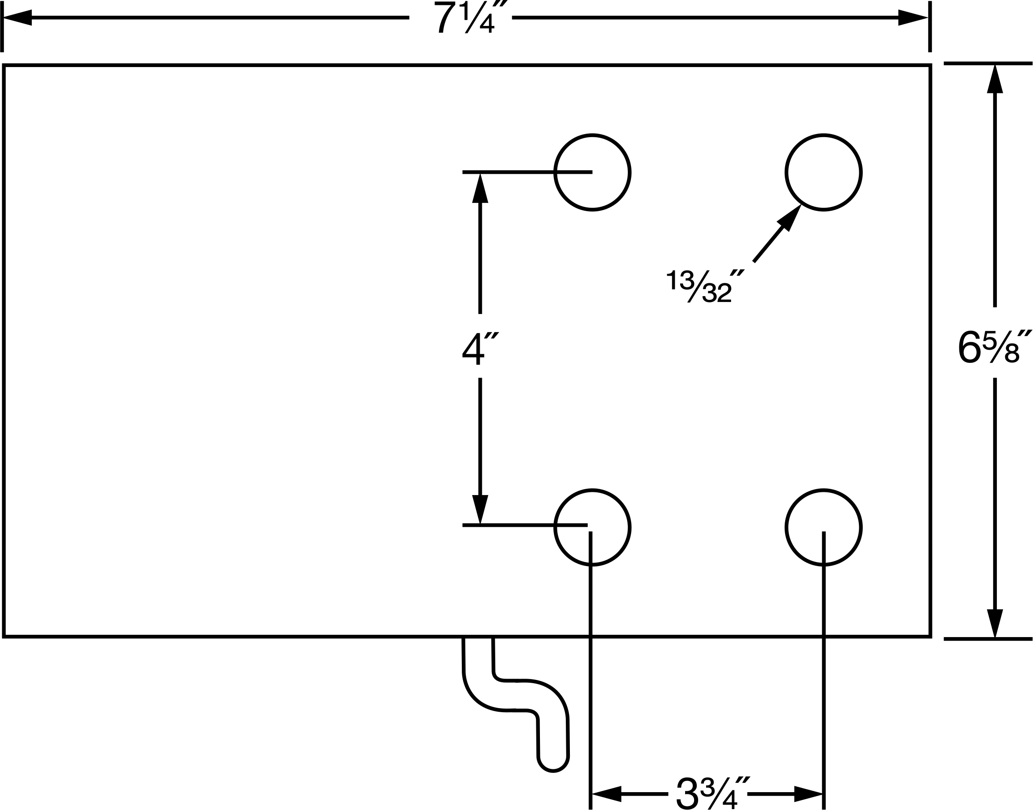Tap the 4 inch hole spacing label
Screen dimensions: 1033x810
(480, 348)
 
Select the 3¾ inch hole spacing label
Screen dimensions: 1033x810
(712, 793)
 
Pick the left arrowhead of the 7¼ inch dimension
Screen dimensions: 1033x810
(17, 17)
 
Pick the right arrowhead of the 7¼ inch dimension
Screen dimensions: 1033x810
(912, 17)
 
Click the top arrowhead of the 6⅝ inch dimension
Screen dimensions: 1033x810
(995, 79)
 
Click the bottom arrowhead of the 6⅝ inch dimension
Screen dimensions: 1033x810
(995, 624)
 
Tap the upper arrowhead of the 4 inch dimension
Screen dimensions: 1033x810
(480, 188)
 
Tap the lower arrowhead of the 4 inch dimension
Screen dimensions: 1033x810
(480, 509)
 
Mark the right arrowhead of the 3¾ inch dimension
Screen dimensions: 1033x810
(808, 793)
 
